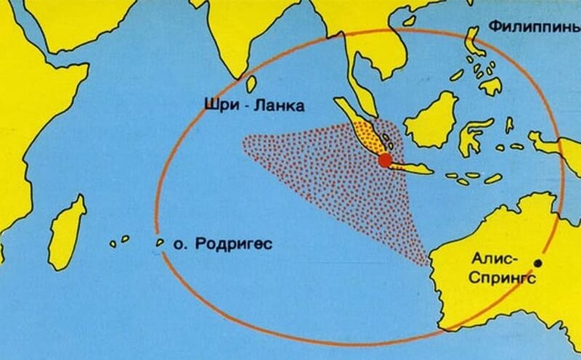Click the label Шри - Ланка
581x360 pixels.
[x=253, y=107]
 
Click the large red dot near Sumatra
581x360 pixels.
[x=385, y=160]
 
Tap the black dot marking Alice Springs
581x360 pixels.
[x=538, y=262]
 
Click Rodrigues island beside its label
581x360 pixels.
[x=159, y=243]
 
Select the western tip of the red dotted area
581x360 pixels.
[x=243, y=138]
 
